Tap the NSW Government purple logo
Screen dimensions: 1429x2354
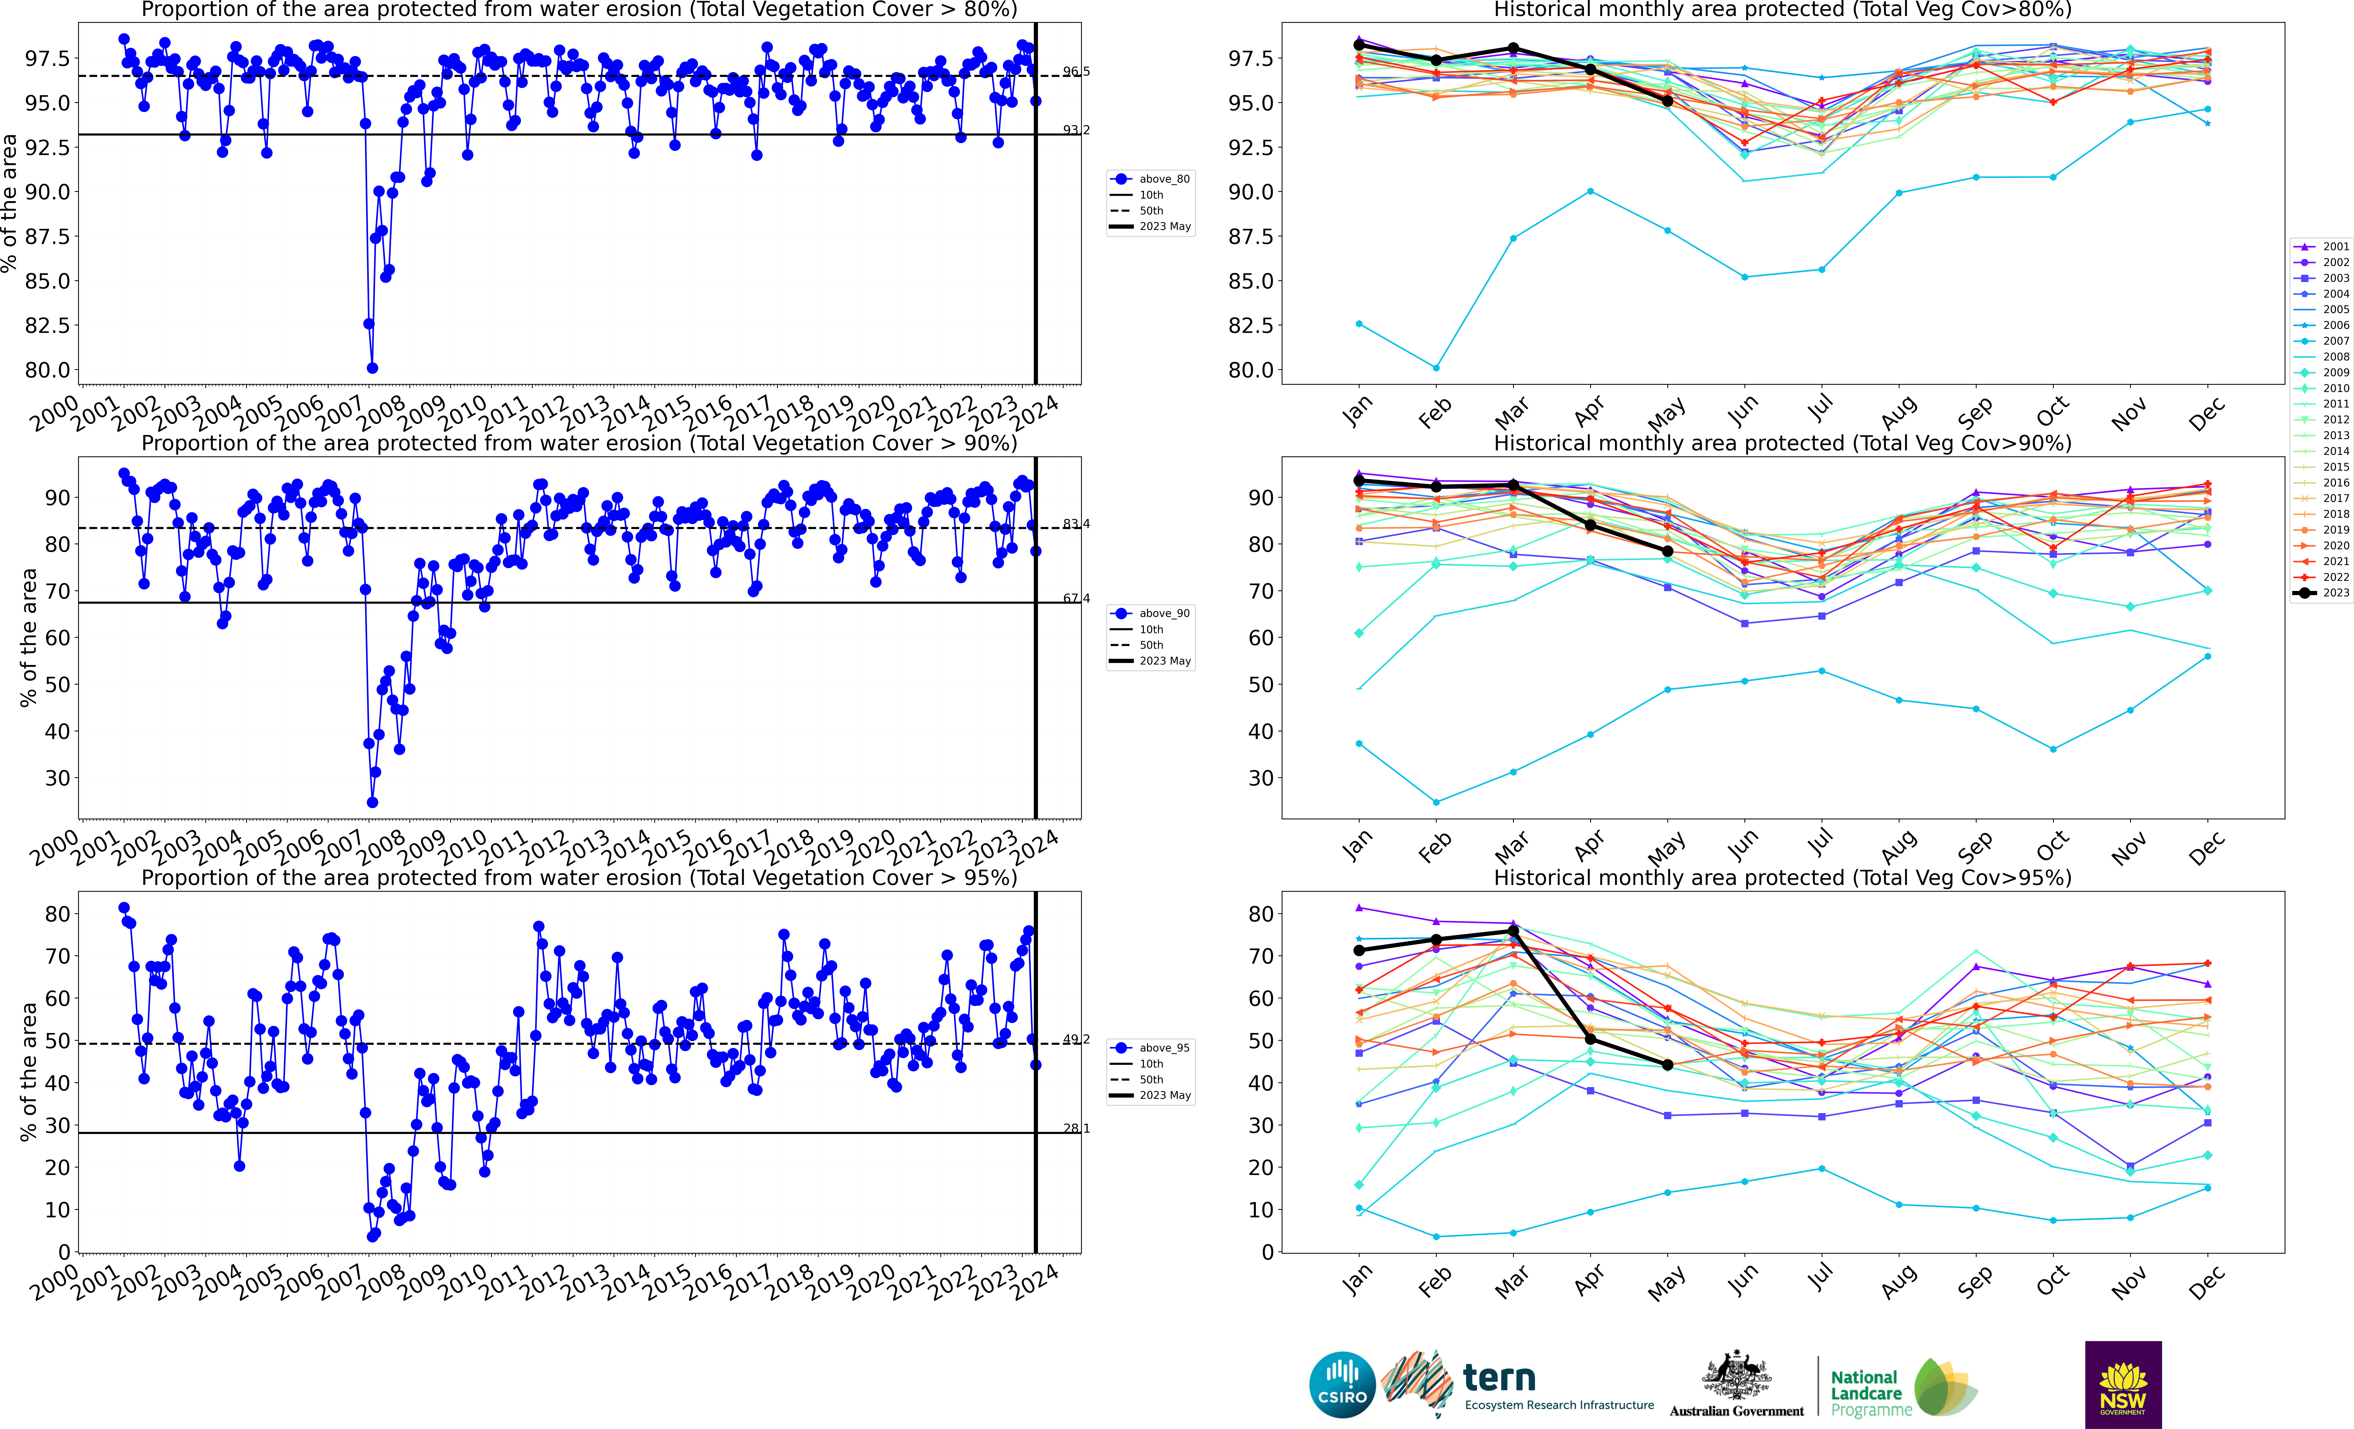[x=2123, y=1384]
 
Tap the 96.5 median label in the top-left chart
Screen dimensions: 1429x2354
[x=1076, y=72]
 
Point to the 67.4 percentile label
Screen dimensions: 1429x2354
[x=1076, y=598]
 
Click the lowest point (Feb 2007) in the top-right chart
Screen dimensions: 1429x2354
[x=1436, y=368]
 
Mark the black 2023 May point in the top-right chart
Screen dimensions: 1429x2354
[x=1667, y=100]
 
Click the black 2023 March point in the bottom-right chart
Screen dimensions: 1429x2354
[x=1513, y=931]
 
